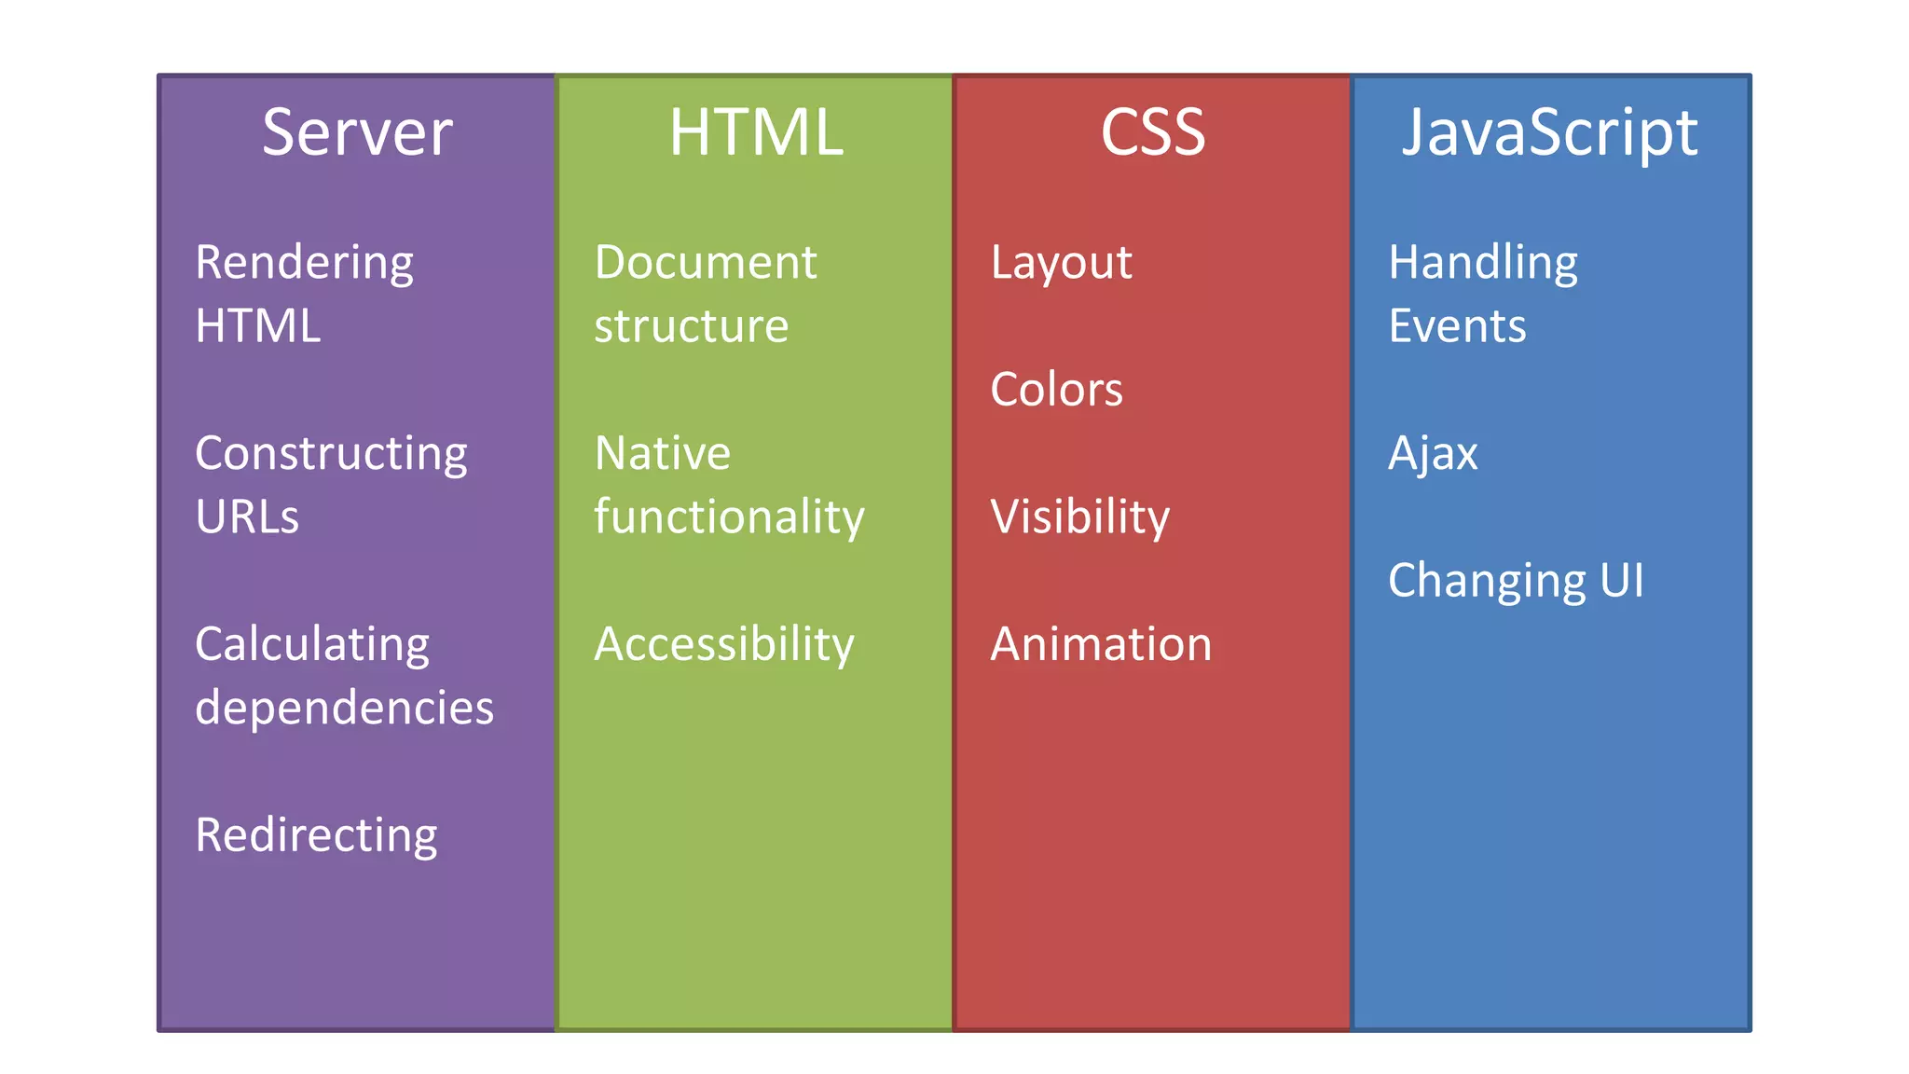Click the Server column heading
357,132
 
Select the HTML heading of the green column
756,132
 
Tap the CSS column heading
1153,132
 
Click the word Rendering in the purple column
304,264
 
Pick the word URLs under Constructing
247,517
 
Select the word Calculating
312,645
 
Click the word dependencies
344,709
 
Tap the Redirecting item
316,836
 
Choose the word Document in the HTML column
706,263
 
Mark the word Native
663,454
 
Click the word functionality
729,517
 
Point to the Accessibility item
724,645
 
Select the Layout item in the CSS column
1061,264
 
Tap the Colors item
1056,390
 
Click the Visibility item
1079,517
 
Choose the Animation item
1101,645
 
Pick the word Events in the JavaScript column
1457,327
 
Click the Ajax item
1433,455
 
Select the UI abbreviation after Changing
1622,581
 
